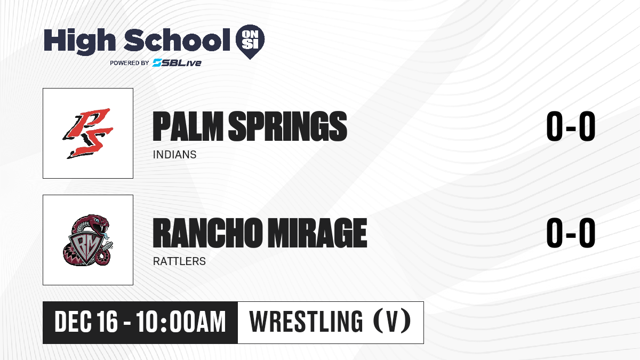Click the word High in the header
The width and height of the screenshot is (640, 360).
[80, 41]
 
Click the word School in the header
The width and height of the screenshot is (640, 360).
[177, 39]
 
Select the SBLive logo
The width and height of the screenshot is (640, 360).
[177, 63]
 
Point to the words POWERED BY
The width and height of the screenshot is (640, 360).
[130, 63]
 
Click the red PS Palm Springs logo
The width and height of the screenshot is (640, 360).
[88, 133]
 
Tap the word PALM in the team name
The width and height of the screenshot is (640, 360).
[188, 126]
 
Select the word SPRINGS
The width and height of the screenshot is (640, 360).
[287, 126]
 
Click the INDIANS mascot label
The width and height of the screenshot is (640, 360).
[174, 155]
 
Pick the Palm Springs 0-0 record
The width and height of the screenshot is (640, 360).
[571, 126]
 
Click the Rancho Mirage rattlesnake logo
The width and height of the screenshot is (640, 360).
[88, 240]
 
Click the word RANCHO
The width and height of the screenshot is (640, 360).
[207, 233]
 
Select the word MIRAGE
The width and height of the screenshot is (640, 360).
[317, 233]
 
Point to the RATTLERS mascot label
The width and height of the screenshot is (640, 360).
[179, 261]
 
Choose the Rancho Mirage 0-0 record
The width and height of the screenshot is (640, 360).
[571, 233]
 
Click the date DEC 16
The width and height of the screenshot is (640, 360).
[86, 322]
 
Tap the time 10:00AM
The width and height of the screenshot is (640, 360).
[181, 322]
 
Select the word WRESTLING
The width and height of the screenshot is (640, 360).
[306, 322]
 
